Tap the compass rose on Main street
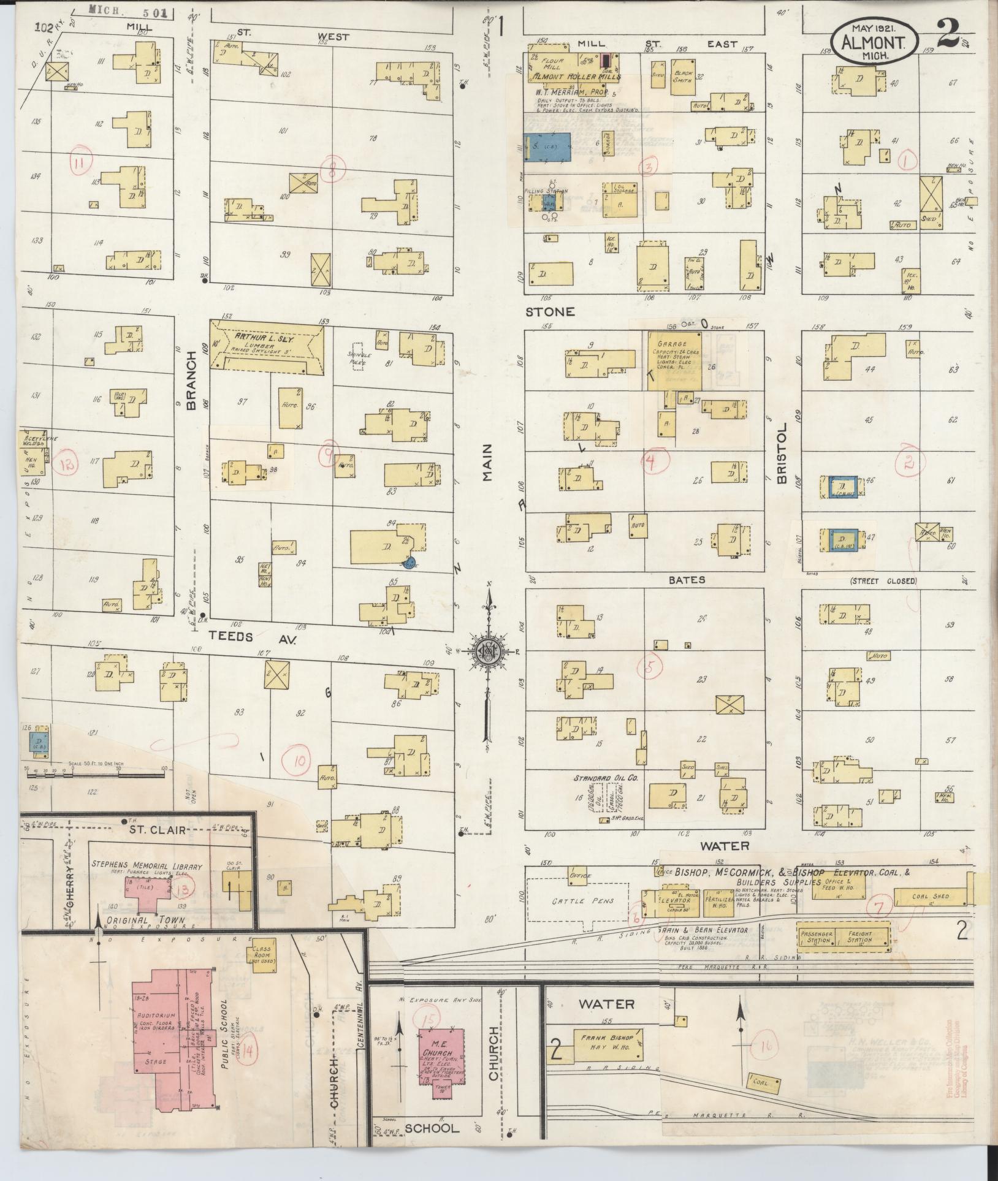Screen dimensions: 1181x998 [489, 651]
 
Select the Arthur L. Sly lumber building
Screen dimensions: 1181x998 [267, 347]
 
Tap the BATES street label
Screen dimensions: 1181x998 [687, 579]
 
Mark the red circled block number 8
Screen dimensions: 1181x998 [332, 173]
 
